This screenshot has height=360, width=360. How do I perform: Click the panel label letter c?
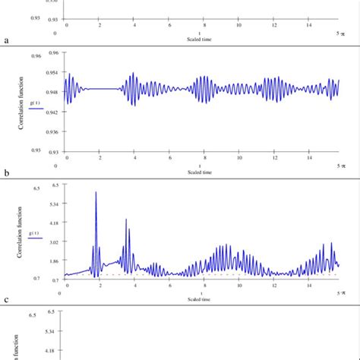pos(7,300)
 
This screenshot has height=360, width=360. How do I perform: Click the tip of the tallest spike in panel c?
pos(96,193)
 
